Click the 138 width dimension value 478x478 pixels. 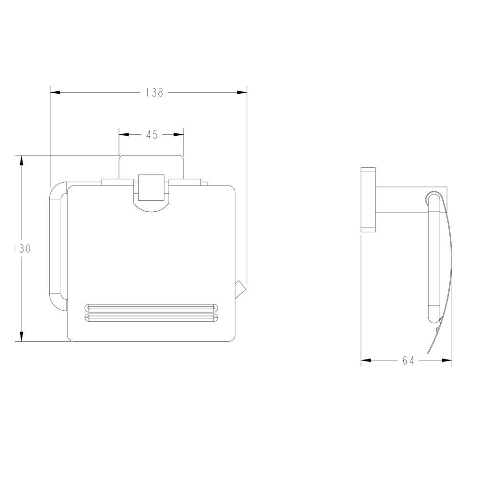pos(154,92)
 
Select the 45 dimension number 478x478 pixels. pos(152,134)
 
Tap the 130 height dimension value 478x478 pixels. pos(22,249)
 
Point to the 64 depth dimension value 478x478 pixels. pos(408,360)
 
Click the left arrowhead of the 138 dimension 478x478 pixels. pos(55,92)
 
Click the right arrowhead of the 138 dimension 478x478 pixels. pos(242,92)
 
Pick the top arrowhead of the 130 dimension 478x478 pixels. pos(22,161)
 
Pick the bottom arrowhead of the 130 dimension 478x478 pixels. pos(22,336)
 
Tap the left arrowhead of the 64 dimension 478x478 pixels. pos(366,360)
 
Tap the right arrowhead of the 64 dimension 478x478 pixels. pos(447,360)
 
